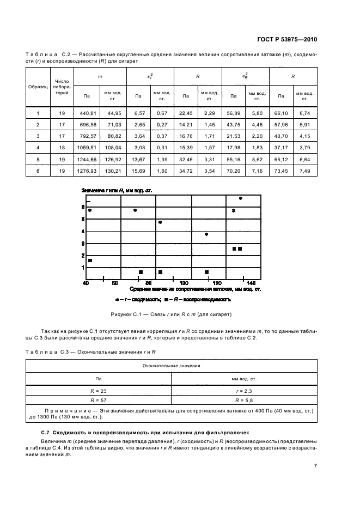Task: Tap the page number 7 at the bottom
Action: tap(315, 466)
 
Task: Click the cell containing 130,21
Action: tap(112, 171)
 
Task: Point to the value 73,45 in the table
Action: tap(281, 171)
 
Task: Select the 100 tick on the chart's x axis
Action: tap(184, 283)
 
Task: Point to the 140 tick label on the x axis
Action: tap(251, 283)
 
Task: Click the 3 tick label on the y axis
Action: tap(83, 243)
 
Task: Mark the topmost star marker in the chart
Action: tap(240, 199)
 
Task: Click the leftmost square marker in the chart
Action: tap(90, 260)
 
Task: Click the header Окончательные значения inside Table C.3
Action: tap(172, 366)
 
